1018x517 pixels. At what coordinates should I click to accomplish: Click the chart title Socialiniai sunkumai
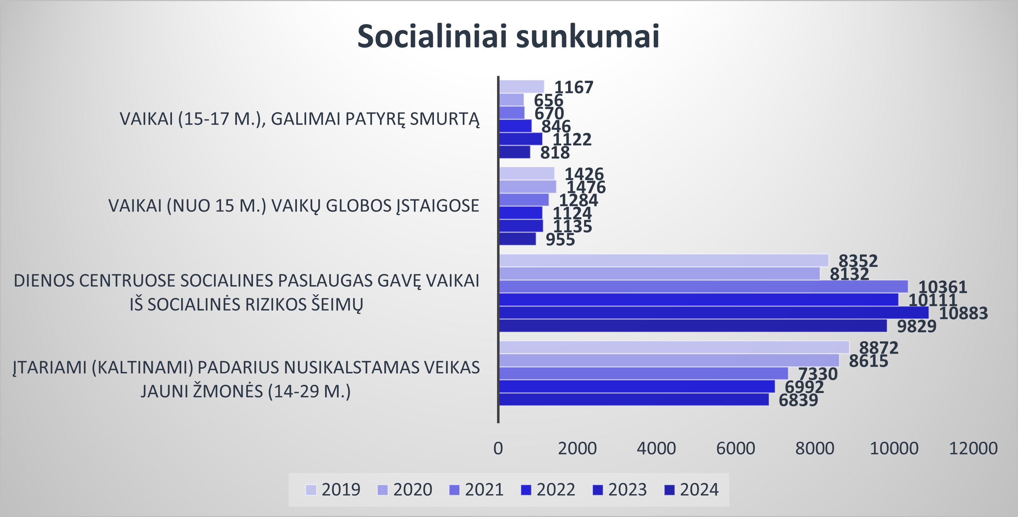click(x=508, y=36)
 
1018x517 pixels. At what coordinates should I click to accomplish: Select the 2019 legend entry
click(x=333, y=490)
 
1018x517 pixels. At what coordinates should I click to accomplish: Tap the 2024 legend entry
click(x=691, y=490)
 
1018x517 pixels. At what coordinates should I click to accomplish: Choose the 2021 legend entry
click(x=476, y=490)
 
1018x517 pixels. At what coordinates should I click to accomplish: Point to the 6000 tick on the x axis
click(x=735, y=448)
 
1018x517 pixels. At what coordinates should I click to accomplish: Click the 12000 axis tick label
click(x=973, y=448)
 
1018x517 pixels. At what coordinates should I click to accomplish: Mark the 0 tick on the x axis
click(x=498, y=448)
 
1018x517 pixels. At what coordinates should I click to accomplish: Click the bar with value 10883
click(x=714, y=313)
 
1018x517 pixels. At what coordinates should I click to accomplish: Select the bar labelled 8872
click(x=674, y=347)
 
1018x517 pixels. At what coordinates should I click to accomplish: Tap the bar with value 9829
click(x=693, y=325)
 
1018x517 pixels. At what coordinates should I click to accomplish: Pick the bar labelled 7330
click(x=644, y=373)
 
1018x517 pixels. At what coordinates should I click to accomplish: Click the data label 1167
click(x=574, y=88)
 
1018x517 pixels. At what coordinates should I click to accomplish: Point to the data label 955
click(x=560, y=240)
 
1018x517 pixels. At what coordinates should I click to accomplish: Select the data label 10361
click(x=942, y=287)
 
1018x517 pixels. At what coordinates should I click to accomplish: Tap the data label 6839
click(x=798, y=400)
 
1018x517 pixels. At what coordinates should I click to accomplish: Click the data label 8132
click(x=849, y=274)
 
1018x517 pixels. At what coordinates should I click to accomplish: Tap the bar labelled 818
click(x=515, y=152)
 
